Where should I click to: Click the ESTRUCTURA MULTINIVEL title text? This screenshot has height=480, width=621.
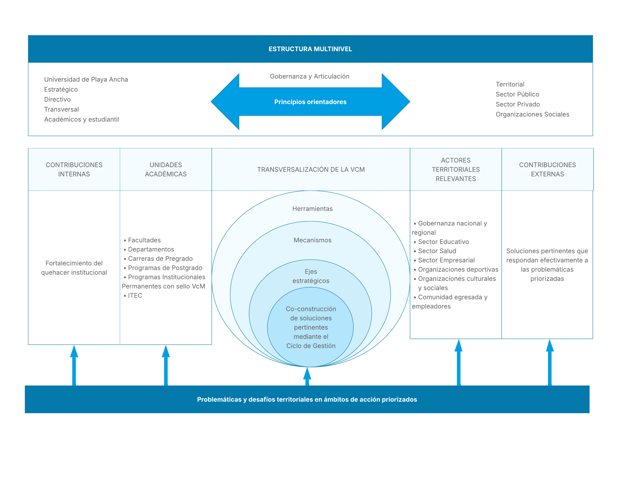tap(310, 49)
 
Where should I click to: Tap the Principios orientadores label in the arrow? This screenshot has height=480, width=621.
tap(310, 102)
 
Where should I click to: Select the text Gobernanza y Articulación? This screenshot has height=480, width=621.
tap(309, 76)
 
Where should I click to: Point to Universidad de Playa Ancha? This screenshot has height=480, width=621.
tap(86, 79)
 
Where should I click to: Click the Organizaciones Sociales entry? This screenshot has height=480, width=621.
tap(532, 114)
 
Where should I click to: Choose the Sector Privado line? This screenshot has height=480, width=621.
tap(517, 104)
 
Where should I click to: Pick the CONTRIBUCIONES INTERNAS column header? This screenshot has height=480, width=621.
tap(74, 170)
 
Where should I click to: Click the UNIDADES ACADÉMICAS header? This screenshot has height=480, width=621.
tap(166, 170)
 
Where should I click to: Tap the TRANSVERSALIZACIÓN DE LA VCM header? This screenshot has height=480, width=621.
tap(311, 170)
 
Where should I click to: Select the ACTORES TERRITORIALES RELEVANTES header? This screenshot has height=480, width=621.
tap(456, 170)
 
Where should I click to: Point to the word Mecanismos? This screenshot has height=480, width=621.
tap(312, 240)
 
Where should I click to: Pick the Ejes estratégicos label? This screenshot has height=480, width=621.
tap(311, 276)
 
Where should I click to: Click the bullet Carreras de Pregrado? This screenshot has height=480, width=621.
tap(160, 259)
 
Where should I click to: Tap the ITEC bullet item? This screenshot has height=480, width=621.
tap(135, 296)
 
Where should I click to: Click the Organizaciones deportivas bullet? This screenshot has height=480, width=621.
tap(458, 269)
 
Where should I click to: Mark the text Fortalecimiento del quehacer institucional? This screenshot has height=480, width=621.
tap(74, 268)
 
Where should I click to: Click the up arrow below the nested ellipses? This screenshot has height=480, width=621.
tap(307, 376)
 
